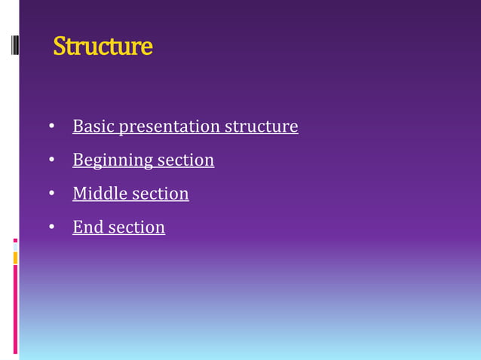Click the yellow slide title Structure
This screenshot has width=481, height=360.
click(x=103, y=47)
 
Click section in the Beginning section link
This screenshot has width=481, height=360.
click(x=185, y=160)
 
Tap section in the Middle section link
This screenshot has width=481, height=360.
click(x=161, y=194)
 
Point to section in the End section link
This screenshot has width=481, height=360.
click(x=136, y=227)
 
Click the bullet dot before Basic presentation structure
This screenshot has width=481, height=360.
click(x=52, y=127)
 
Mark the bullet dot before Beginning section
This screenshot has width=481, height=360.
click(x=52, y=160)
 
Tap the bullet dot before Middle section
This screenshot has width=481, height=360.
click(x=52, y=194)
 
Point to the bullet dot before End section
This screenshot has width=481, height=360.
click(x=52, y=227)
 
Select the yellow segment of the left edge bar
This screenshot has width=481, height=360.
click(x=15, y=258)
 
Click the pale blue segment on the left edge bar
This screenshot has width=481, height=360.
click(x=15, y=247)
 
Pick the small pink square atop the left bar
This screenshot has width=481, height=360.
click(x=15, y=240)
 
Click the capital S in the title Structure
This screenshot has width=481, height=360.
click(x=60, y=47)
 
